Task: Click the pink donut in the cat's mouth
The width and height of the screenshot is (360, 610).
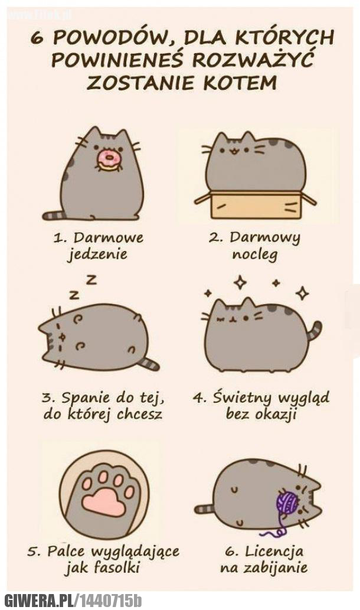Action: click(109, 160)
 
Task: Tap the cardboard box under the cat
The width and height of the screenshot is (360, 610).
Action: click(256, 204)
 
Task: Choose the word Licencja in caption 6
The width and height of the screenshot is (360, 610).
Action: click(274, 551)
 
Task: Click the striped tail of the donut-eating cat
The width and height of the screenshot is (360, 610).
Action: click(54, 215)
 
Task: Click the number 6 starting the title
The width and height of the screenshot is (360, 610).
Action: click(37, 39)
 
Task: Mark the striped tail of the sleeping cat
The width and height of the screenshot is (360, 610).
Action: click(149, 363)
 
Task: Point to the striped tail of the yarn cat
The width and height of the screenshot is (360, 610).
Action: click(205, 509)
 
